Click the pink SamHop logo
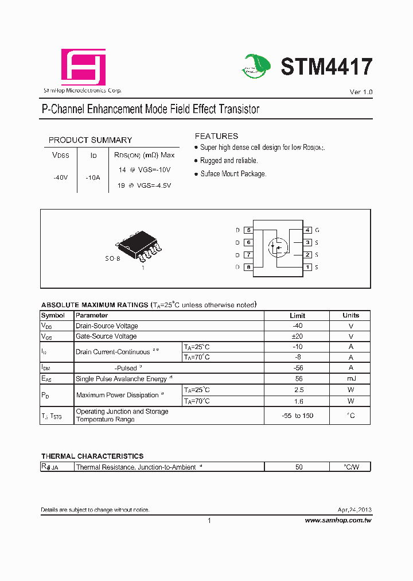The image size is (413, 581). pyautogui.click(x=84, y=67)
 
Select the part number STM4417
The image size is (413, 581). pyautogui.click(x=326, y=67)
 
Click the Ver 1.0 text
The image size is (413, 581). pyautogui.click(x=361, y=92)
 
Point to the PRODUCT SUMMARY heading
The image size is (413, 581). pyautogui.click(x=90, y=140)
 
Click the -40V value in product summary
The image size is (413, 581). pyautogui.click(x=60, y=178)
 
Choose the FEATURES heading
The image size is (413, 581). pyautogui.click(x=216, y=136)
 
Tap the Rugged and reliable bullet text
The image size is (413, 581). pyautogui.click(x=229, y=161)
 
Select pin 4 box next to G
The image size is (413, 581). pyautogui.click(x=307, y=230)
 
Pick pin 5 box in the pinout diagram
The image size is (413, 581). pyautogui.click(x=248, y=230)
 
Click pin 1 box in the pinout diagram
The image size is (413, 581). pyautogui.click(x=307, y=267)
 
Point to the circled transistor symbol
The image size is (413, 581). pyautogui.click(x=278, y=248)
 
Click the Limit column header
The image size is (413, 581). pyautogui.click(x=298, y=315)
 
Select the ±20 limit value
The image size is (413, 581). pyautogui.click(x=298, y=336)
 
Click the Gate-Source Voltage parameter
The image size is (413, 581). pyautogui.click(x=106, y=336)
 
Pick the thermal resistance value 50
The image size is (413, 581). pyautogui.click(x=299, y=467)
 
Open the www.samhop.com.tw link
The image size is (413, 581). pyautogui.click(x=338, y=520)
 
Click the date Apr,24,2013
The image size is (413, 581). pyautogui.click(x=354, y=510)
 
